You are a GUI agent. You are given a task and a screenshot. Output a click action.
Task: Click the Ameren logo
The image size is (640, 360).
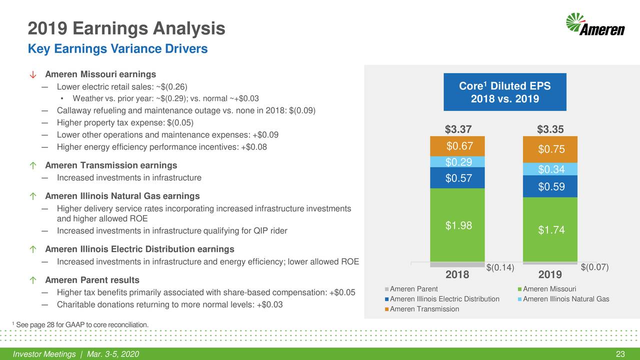click(595, 25)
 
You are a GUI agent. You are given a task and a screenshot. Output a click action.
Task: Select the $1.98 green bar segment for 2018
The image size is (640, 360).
click(457, 225)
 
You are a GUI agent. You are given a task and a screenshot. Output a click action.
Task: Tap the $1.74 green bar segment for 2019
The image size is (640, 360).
click(550, 229)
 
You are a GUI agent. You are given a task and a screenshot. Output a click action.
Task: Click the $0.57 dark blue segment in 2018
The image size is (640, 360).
click(457, 178)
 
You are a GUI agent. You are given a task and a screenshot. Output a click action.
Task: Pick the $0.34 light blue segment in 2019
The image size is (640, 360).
click(550, 169)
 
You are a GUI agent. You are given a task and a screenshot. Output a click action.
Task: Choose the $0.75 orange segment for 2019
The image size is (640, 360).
click(550, 149)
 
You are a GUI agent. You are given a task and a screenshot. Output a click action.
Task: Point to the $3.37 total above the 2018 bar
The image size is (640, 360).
click(458, 129)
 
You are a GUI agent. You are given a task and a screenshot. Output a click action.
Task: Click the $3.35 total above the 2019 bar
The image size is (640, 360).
click(550, 129)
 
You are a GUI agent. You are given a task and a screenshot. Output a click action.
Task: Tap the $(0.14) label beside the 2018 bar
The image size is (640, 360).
click(500, 267)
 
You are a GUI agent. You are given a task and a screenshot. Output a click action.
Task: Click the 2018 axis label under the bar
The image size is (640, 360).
click(457, 275)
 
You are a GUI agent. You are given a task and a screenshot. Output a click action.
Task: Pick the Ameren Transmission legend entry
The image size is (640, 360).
click(424, 309)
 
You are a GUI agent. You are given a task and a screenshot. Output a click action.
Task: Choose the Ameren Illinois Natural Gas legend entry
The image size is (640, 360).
click(565, 299)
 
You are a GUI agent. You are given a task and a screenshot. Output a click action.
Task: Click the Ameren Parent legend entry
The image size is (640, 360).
click(413, 289)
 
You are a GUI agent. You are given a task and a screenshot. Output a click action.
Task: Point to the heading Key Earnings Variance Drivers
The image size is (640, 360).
click(117, 49)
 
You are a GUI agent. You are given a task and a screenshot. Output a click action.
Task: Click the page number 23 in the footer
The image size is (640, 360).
click(620, 354)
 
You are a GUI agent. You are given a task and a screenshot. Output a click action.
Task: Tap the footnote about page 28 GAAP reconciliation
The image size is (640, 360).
click(80, 325)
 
